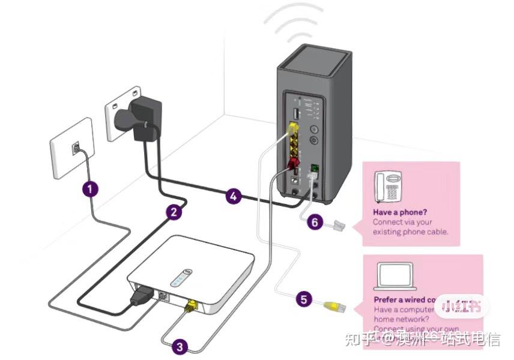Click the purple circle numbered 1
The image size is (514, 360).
(x=90, y=189)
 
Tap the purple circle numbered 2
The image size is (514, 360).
(x=174, y=211)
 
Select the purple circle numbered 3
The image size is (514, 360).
(x=180, y=346)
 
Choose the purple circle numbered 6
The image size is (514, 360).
(x=315, y=222)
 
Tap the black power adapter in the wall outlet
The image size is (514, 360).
(x=144, y=120)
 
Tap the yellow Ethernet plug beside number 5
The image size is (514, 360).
(x=334, y=307)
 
